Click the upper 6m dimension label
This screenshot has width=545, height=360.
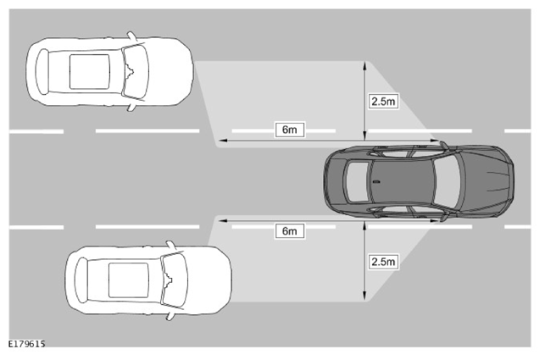290,130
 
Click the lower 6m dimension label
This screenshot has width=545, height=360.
290,230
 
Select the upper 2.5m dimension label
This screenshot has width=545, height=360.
383,101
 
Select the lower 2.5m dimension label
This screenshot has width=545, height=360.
383,261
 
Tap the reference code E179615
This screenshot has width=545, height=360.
27,344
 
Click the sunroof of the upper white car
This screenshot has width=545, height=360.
90,72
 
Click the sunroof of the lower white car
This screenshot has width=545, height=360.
129,280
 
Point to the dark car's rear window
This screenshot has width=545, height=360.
357,181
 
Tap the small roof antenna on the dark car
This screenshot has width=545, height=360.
376,181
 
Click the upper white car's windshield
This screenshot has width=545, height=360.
136,71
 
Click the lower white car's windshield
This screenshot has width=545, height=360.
175,280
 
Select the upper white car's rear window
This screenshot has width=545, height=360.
42,72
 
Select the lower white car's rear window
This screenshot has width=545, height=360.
81,280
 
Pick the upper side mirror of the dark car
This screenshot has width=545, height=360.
444,145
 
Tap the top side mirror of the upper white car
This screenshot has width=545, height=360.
132,36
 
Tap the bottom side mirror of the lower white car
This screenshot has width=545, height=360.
171,316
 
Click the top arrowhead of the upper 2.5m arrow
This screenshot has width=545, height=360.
364,64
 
